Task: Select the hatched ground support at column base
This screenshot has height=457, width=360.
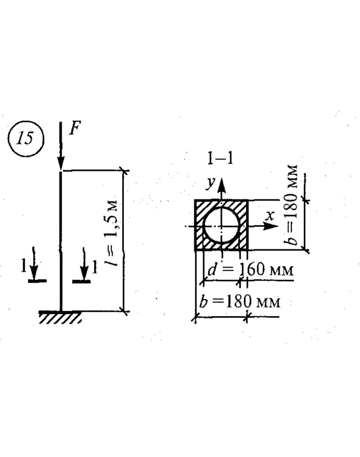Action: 60,317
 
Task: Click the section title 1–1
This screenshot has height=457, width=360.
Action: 220,158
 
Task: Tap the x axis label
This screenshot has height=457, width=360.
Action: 270,216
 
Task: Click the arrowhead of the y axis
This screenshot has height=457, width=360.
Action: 222,184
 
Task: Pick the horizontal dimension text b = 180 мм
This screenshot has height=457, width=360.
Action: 239,302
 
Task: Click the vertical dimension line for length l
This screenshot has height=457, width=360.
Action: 125,241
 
